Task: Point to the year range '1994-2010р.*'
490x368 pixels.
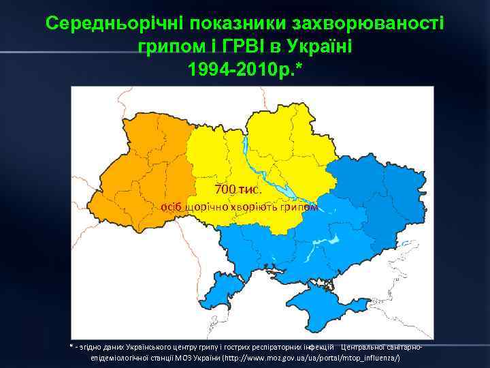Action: pyautogui.click(x=244, y=71)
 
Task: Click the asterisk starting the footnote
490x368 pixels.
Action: pyautogui.click(x=70, y=347)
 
